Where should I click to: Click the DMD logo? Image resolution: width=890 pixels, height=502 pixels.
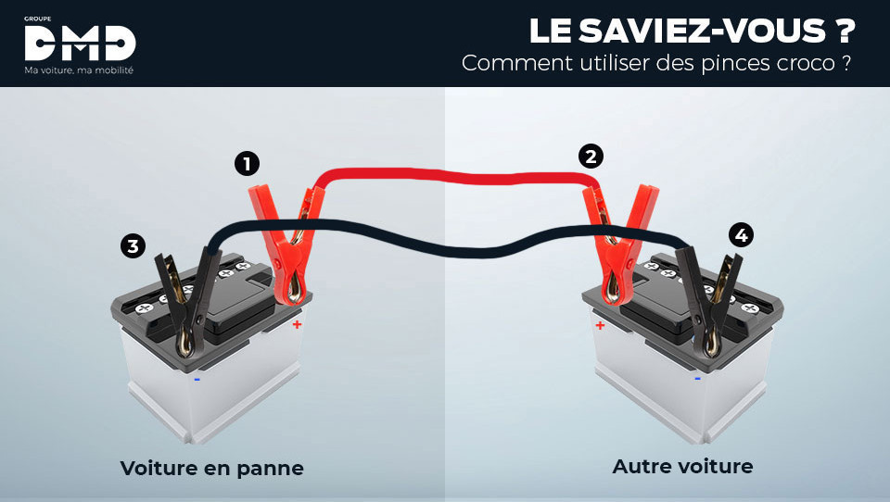[80, 43]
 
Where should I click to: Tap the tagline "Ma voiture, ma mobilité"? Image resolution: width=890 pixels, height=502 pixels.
[80, 70]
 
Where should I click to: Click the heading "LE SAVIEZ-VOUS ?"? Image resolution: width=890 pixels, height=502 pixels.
[691, 31]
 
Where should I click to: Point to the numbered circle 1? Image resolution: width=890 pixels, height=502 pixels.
[246, 165]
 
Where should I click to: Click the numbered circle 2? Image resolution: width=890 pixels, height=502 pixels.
[591, 156]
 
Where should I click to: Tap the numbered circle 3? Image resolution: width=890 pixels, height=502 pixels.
[133, 245]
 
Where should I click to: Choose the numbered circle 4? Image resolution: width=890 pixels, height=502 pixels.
[740, 235]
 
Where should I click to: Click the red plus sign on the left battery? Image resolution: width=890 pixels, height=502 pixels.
[297, 325]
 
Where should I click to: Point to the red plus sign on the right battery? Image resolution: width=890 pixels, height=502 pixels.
[600, 325]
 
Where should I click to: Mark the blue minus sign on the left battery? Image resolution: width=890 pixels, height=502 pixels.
[197, 378]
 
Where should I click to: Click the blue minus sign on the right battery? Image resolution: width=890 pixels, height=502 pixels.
[697, 378]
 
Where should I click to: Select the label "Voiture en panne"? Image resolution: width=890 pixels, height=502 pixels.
[211, 469]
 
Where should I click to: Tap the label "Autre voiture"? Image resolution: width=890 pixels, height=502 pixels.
[682, 466]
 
